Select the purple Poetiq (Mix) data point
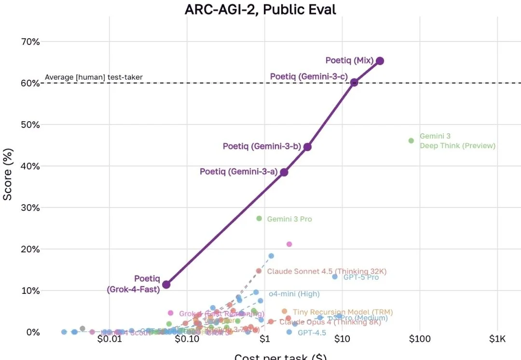(x=380, y=61)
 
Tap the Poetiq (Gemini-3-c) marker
(x=354, y=83)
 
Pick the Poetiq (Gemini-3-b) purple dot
(x=307, y=147)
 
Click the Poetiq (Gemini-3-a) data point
(x=284, y=172)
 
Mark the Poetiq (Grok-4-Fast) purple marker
(x=166, y=285)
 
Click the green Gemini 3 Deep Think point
(x=411, y=141)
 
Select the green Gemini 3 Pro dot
(x=259, y=219)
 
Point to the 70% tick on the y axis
(x=30, y=42)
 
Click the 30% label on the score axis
(x=30, y=208)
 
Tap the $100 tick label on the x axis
(x=420, y=339)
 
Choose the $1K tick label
(x=497, y=339)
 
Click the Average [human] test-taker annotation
(x=94, y=77)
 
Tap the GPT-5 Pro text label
(x=361, y=277)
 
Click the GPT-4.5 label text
(x=312, y=332)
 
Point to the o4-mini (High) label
(x=294, y=294)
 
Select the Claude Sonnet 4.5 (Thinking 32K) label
(x=327, y=271)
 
